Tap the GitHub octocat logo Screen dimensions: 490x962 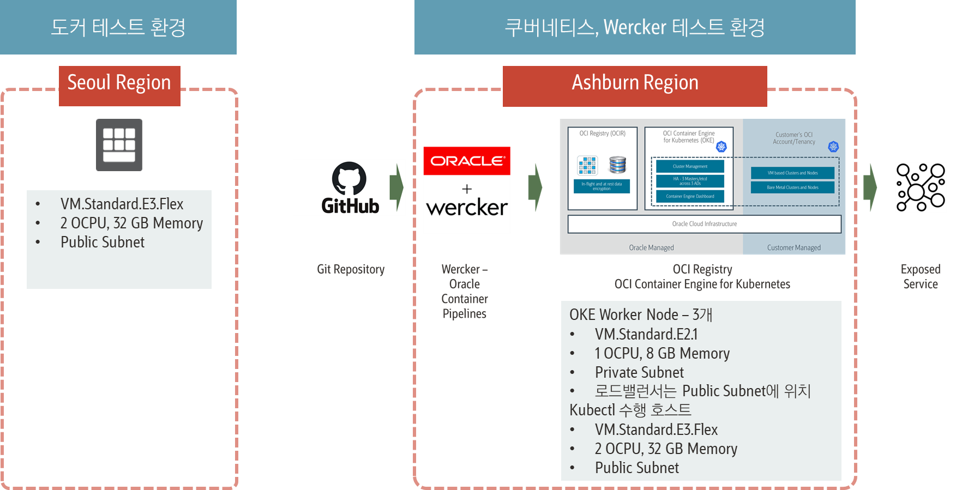point(349,178)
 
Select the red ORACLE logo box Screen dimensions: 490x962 point(467,161)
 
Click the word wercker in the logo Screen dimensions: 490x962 point(467,208)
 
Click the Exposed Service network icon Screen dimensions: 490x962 point(921,187)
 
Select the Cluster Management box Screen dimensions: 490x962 point(690,166)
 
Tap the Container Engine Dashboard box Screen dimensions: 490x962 point(690,196)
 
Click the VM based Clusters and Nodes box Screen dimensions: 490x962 point(792,173)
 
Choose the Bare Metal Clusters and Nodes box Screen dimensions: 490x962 point(792,187)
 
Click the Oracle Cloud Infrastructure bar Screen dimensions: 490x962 point(704,224)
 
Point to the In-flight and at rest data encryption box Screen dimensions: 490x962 point(602,186)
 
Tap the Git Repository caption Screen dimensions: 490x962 point(351,269)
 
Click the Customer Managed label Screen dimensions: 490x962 point(793,247)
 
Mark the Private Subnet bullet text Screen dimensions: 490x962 point(639,372)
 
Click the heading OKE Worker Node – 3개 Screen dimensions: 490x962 point(641,314)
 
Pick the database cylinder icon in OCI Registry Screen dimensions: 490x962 point(617,165)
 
